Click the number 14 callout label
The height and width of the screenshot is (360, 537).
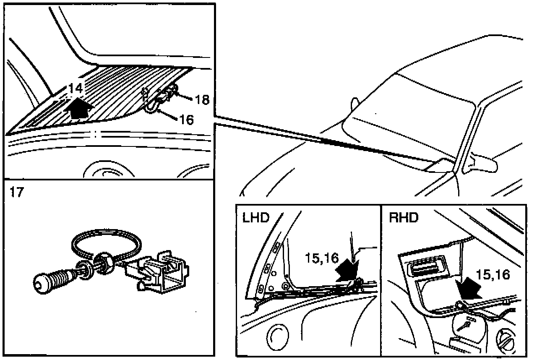point(76,89)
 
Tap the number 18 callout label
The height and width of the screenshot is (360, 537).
point(201,99)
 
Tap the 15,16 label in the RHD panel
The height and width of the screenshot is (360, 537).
point(493,274)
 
